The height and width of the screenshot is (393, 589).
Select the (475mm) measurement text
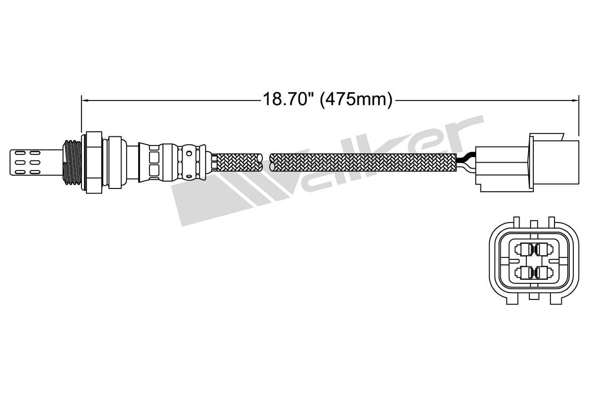coord(356,99)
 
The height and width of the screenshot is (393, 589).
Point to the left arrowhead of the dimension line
coord(84,99)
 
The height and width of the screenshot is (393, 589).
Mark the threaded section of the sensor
coord(72,161)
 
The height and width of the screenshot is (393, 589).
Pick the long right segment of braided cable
coord(364,163)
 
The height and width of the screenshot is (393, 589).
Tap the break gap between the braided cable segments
coord(266,163)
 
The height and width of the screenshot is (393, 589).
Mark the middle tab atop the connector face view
coord(534,223)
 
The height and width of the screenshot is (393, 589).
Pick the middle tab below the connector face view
coord(534,295)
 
